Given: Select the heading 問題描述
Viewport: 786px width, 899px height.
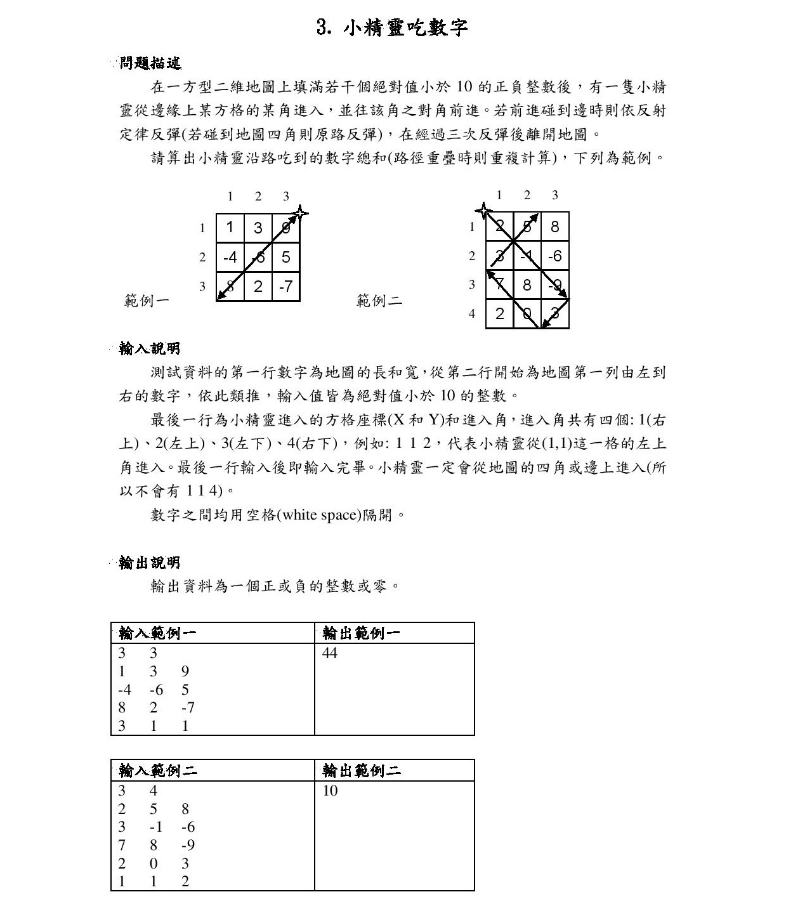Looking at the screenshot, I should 150,63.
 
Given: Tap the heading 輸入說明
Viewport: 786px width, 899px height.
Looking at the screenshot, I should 150,348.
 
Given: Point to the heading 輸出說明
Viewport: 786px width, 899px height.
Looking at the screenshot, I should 150,562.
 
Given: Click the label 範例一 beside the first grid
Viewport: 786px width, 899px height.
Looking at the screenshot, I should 147,300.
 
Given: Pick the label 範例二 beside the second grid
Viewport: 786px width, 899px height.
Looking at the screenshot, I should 379,300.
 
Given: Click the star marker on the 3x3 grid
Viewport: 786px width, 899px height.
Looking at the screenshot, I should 300,213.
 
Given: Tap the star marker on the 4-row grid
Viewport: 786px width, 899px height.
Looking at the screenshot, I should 484,211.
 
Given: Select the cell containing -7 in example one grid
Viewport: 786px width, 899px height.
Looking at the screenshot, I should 286,287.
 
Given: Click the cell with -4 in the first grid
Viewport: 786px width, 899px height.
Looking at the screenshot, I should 230,257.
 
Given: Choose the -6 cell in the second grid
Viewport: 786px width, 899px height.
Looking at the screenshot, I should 554,256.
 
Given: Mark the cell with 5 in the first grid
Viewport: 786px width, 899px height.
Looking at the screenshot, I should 286,257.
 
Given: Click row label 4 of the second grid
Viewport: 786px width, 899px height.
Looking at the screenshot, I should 472,313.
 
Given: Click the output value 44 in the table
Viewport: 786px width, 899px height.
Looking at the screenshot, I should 330,653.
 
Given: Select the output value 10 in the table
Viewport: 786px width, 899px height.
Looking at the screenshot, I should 330,791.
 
